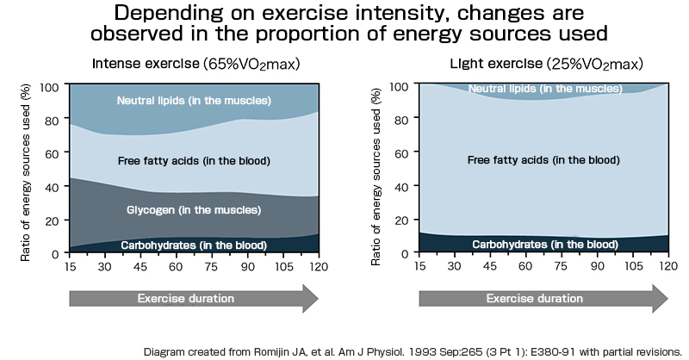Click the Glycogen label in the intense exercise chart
coord(193,209)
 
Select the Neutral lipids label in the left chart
coord(194,101)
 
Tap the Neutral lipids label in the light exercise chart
coord(543,89)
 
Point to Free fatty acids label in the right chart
coord(543,160)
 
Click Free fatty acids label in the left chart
coord(194,161)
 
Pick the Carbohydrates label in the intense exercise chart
coord(193,245)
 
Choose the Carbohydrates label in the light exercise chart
coord(543,244)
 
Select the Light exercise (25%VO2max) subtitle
coord(546,65)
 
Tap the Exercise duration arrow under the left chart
coord(193,299)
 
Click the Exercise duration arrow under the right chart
coord(543,299)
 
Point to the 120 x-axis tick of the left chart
coord(318,266)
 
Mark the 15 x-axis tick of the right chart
coord(419,266)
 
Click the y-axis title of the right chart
coord(377,169)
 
